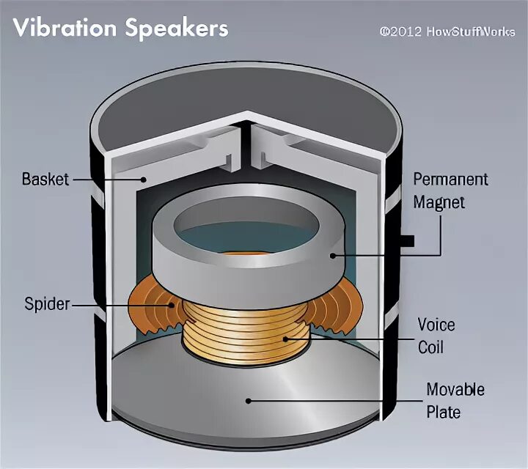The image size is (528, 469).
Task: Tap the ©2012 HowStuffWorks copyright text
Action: point(447,32)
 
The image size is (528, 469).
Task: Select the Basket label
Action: point(45,179)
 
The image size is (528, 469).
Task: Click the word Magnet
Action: point(439,202)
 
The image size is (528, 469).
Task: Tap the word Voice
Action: point(436,324)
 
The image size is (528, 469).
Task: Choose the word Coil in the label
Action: point(430,346)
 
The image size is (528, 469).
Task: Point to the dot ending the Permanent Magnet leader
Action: point(332,255)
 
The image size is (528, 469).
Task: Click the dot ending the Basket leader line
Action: point(144,178)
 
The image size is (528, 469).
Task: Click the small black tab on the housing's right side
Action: point(408,240)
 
